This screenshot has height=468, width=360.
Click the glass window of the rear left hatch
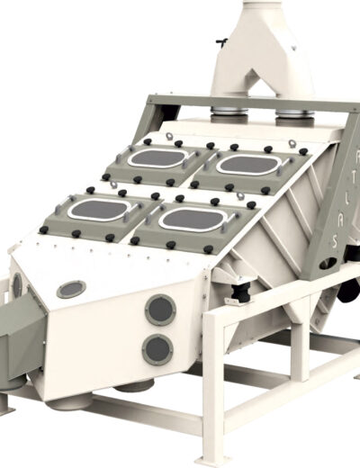158,157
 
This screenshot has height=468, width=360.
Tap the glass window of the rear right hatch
248,165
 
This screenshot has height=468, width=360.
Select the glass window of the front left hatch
99,209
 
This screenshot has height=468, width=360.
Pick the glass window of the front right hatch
193,219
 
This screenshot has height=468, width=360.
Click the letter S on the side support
336,241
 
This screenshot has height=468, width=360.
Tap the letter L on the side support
346,200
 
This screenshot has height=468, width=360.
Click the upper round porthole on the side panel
160,310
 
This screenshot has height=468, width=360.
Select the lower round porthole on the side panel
157,350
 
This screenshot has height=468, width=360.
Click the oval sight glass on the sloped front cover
71,289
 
